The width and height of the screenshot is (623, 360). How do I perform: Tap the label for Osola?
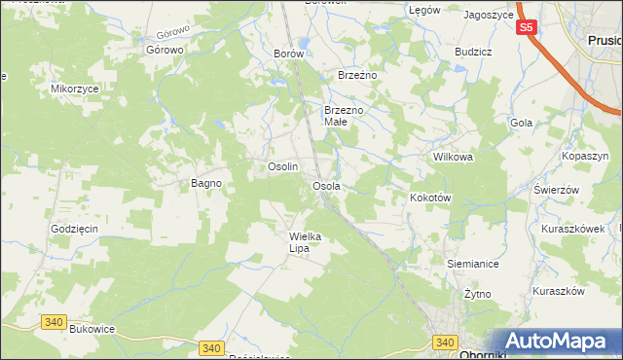point(325,185)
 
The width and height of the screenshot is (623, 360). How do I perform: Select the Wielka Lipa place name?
point(305,242)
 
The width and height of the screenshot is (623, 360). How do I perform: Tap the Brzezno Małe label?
point(344,117)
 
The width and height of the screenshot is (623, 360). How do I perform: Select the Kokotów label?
point(430,197)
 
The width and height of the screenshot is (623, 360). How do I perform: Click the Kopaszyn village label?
point(585,156)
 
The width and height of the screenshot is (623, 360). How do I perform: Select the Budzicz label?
point(472,52)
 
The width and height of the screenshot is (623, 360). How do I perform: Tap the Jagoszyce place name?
point(489,15)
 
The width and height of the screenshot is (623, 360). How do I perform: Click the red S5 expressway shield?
point(526,28)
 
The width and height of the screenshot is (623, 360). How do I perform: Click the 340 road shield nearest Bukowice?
point(54,322)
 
